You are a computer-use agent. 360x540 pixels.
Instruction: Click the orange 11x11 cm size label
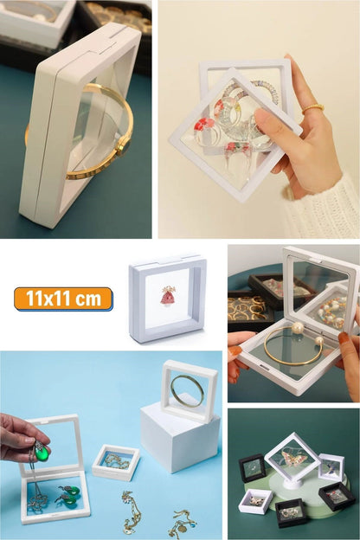63,299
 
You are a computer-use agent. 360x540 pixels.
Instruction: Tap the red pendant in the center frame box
168,296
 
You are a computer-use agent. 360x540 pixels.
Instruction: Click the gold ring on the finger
312,108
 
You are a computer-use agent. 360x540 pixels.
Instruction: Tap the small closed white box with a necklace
116,462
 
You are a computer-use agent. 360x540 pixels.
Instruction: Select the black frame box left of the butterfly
254,467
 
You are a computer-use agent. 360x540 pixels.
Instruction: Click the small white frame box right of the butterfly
331,466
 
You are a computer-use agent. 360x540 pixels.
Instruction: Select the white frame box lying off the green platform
256,500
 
